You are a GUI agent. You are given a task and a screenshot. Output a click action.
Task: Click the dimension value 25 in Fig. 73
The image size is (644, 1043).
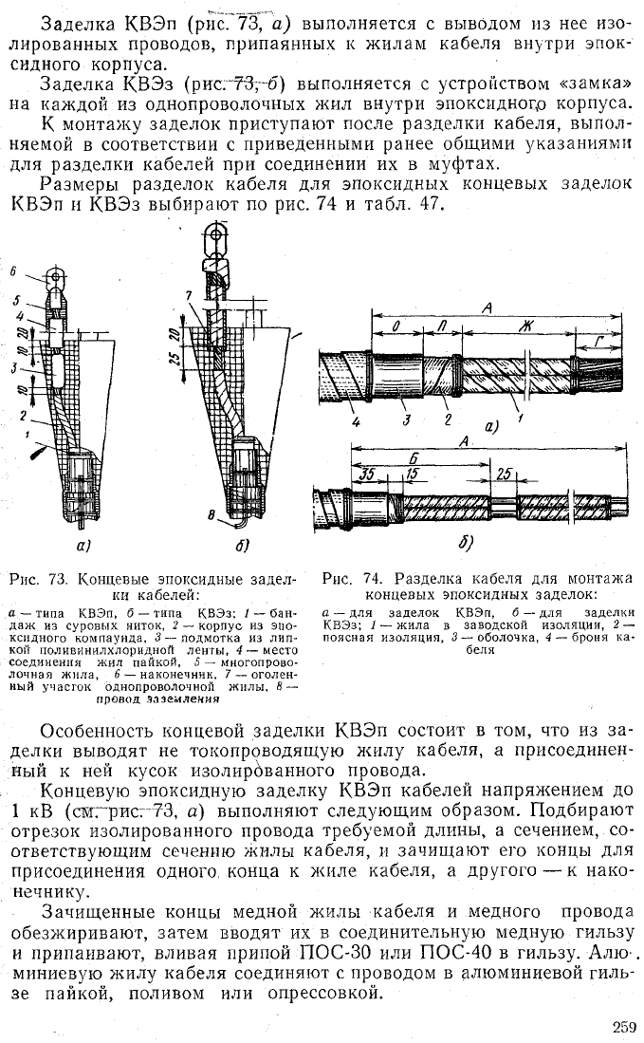173,359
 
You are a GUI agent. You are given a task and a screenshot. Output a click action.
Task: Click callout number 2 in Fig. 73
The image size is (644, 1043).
23,416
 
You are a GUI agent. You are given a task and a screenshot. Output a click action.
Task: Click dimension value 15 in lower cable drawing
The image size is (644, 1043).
412,475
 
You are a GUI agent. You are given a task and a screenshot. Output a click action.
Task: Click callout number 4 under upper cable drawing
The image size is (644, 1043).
357,421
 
